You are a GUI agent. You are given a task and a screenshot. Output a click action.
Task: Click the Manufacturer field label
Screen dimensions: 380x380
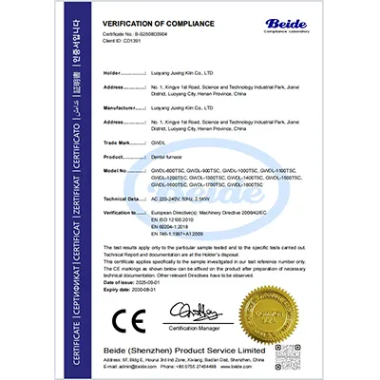pos(121,109)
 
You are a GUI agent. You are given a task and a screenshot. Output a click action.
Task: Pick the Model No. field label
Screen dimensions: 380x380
pos(117,171)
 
